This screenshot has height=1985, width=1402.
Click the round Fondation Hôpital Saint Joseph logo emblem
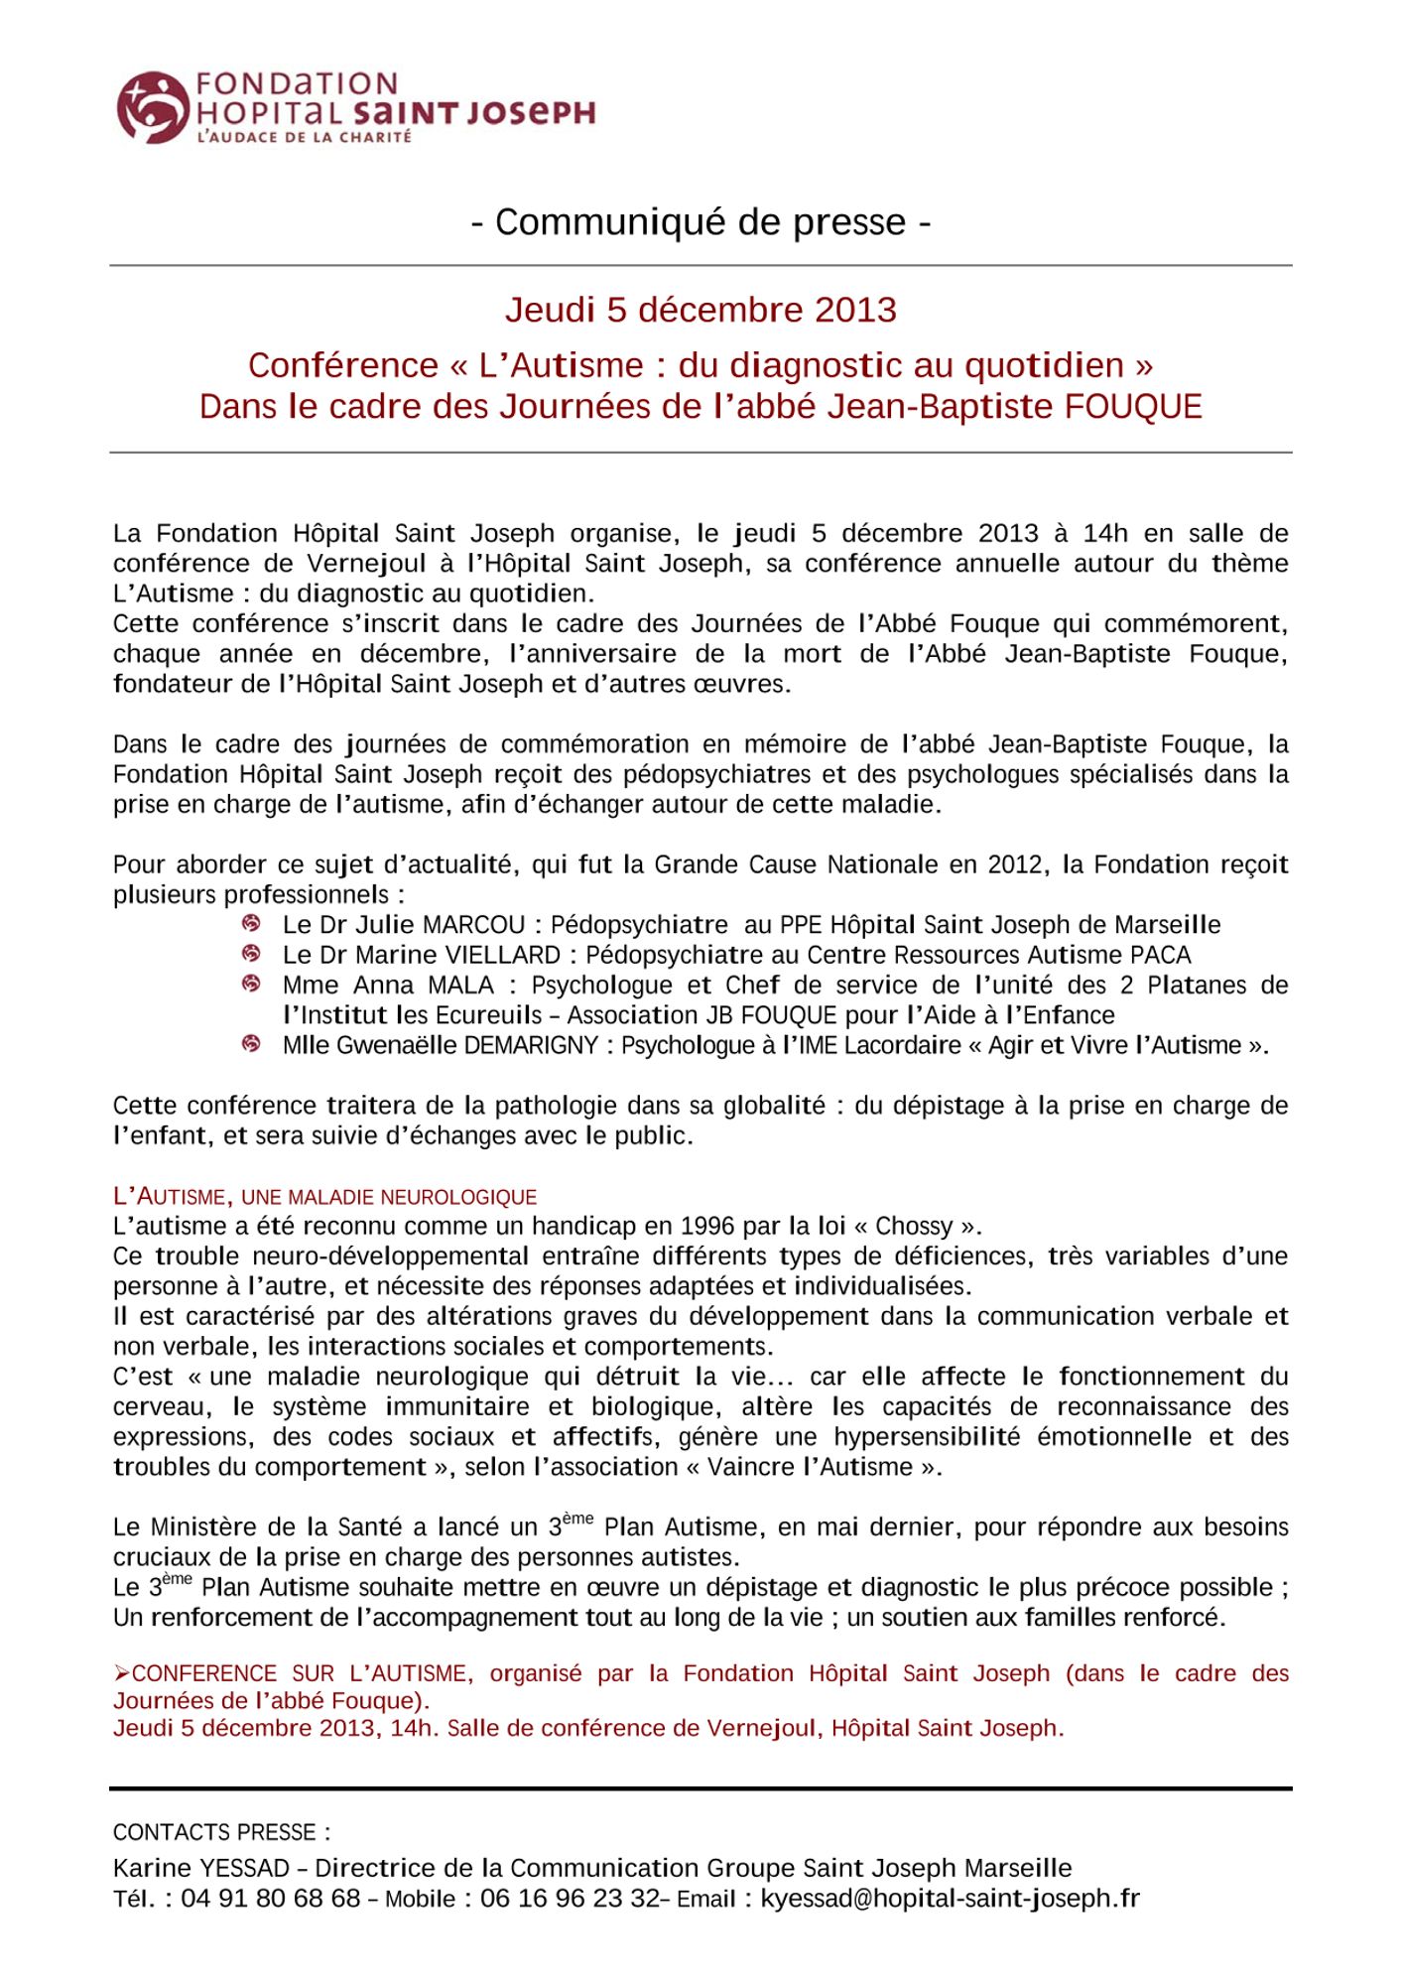tap(151, 107)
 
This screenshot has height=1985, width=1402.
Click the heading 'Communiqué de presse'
tap(701, 222)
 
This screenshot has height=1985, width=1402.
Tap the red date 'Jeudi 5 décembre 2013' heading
tap(701, 310)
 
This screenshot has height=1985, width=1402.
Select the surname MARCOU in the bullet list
tap(473, 925)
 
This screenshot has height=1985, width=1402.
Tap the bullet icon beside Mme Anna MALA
tap(252, 985)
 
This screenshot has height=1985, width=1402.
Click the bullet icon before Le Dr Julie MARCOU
tap(252, 924)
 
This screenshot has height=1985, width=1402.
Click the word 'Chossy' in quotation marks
tap(914, 1226)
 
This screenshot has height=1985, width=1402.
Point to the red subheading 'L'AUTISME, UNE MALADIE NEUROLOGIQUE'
tap(324, 1197)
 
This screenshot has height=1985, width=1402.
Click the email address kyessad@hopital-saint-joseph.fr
tap(950, 1899)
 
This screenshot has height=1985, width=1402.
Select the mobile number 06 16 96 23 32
tap(571, 1899)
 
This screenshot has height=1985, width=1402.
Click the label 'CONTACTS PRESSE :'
tap(221, 1832)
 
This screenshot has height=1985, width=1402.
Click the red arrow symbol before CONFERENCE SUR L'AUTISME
tap(122, 1674)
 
